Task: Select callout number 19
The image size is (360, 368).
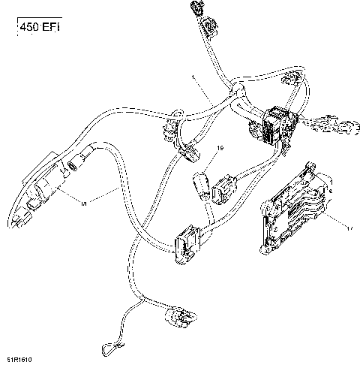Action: pos(220,149)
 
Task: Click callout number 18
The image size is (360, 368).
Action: pos(83,203)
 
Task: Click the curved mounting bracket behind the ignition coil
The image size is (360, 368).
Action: pos(26,188)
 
